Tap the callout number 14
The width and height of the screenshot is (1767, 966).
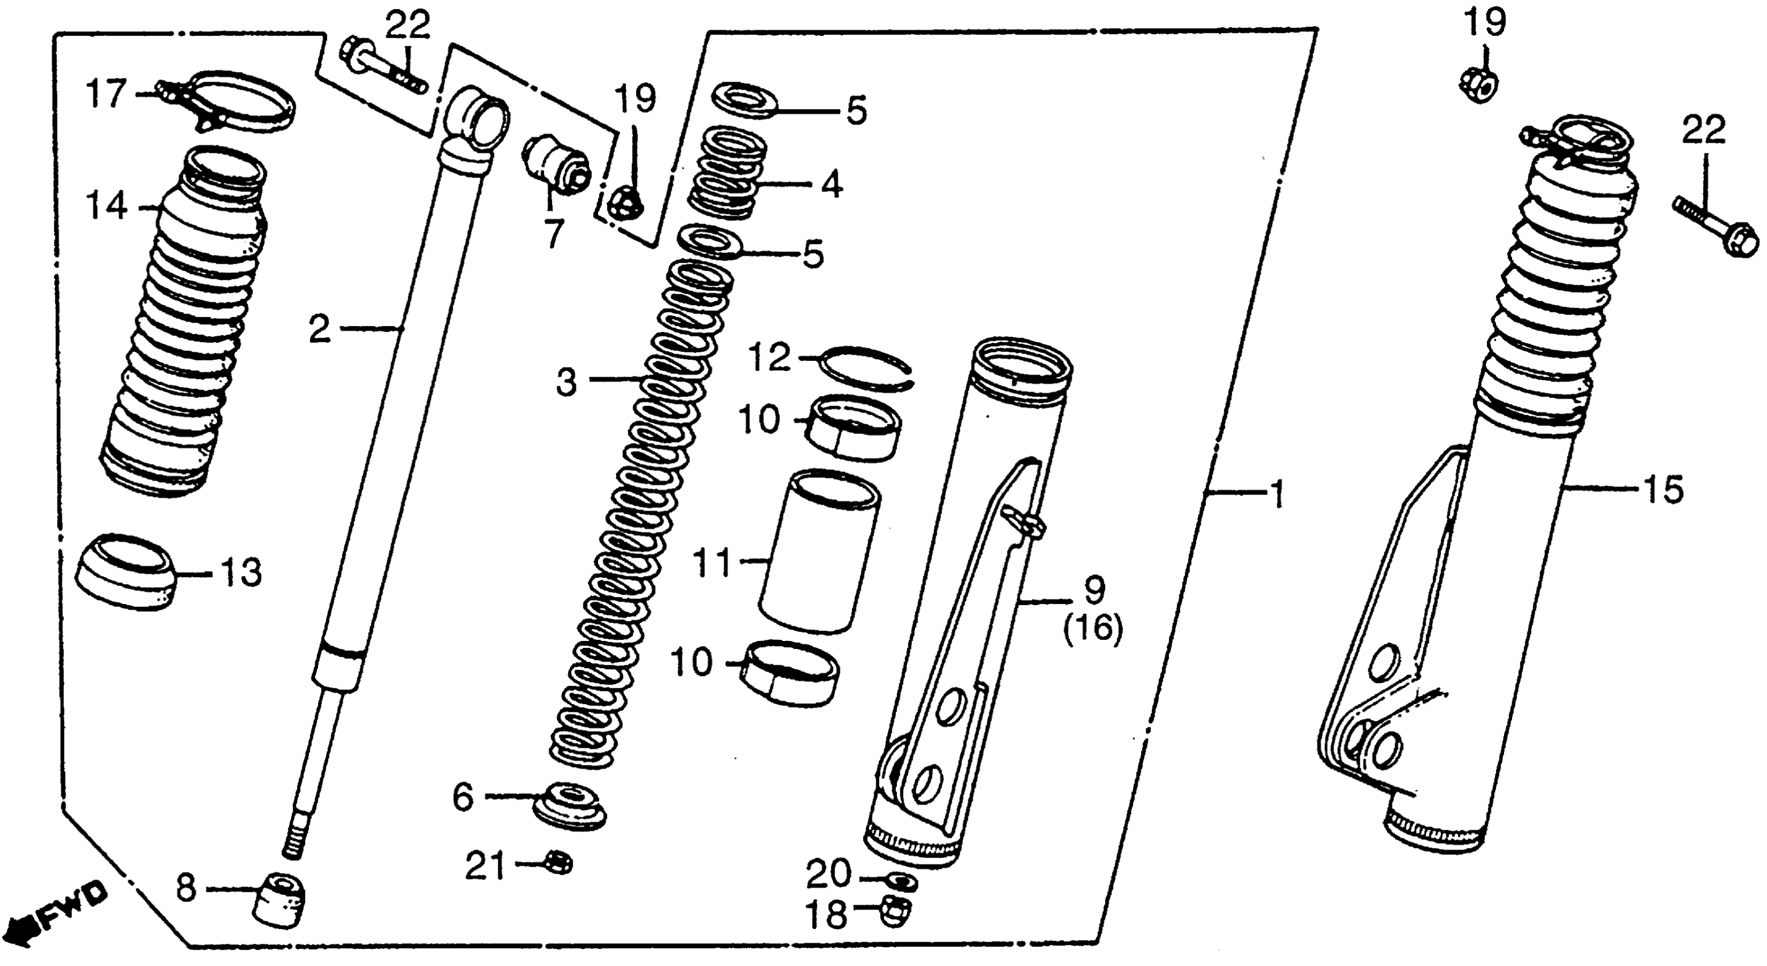[106, 206]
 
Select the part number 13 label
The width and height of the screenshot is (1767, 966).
[240, 573]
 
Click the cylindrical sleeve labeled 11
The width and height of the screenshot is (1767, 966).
[820, 549]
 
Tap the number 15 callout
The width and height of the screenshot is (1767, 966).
[1661, 490]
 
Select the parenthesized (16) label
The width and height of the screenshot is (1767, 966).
[1093, 628]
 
